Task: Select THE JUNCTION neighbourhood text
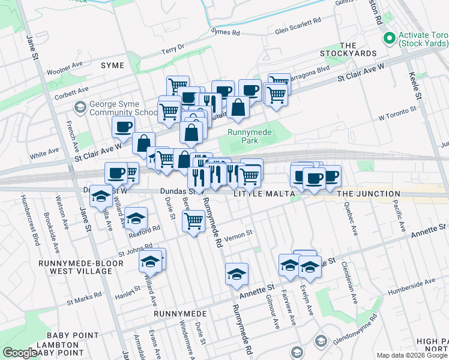pos(368,194)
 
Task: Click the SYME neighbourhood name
pos(112,65)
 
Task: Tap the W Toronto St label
pos(397,112)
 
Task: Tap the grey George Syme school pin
pos(79,107)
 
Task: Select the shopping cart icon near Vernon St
pos(194,221)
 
